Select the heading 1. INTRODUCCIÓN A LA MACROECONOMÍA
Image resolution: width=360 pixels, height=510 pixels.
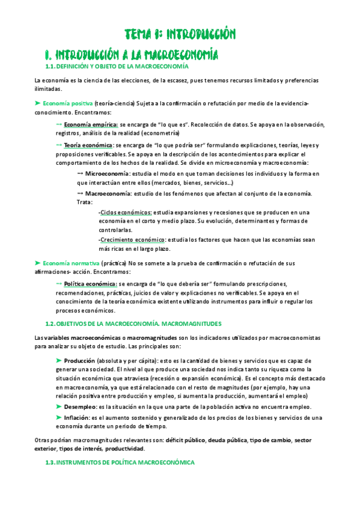point(132,54)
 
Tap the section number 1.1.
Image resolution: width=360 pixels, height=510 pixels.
point(50,66)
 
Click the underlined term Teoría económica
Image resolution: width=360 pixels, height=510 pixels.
point(88,146)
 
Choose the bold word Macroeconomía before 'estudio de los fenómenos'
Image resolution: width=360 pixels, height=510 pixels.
point(111,193)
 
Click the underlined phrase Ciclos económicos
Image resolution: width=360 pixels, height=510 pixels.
point(126,212)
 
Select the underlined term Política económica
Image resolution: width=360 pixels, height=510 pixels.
point(91,283)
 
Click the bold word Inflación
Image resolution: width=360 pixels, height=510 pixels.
point(77,417)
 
